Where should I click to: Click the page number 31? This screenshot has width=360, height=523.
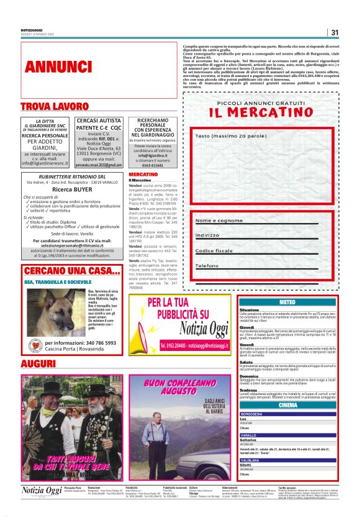click(x=335, y=33)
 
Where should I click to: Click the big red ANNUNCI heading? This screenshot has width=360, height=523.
click(x=59, y=66)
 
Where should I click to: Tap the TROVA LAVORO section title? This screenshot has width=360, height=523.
click(x=54, y=107)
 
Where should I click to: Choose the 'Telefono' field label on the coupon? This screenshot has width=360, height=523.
click(x=208, y=266)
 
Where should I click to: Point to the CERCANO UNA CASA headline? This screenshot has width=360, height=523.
click(x=71, y=271)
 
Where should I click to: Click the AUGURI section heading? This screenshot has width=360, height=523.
click(x=38, y=363)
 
